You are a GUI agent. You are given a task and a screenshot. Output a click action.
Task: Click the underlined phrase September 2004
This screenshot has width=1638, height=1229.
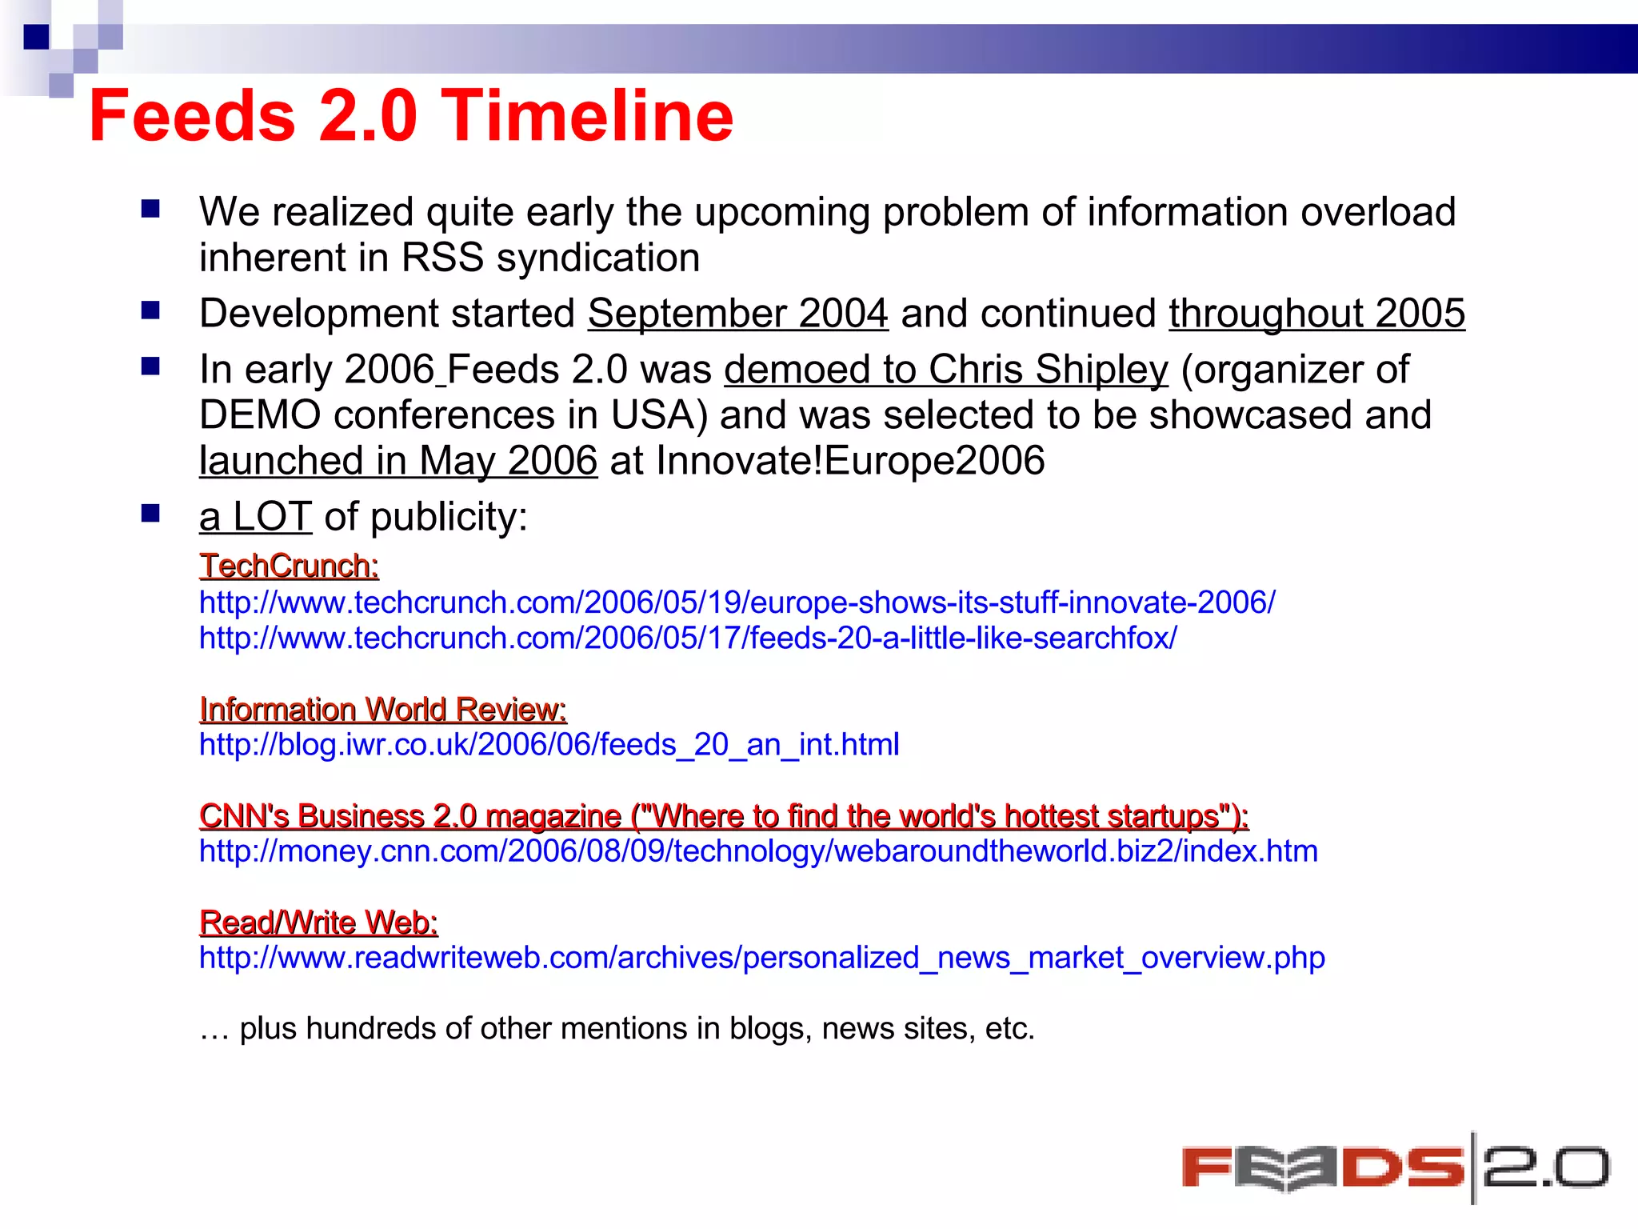point(737,313)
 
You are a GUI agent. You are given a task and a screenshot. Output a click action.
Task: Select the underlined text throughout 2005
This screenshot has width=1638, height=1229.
point(1316,313)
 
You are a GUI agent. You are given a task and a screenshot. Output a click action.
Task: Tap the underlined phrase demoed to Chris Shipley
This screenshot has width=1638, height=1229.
point(945,370)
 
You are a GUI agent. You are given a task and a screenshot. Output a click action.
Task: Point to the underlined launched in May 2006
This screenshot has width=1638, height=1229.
point(398,461)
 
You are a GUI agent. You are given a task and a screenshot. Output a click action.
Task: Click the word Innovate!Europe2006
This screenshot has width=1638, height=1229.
point(850,461)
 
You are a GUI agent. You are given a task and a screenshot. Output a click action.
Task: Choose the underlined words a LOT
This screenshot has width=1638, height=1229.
point(255,517)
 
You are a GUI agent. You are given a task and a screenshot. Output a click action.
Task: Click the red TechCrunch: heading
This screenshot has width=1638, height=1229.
point(289,566)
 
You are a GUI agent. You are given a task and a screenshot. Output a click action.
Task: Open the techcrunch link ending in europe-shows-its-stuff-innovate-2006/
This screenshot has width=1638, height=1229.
point(737,602)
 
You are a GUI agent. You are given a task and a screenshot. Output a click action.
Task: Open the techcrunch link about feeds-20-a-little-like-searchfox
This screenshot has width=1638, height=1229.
point(688,639)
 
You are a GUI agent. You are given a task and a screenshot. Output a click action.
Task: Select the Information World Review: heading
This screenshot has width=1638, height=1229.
point(382,710)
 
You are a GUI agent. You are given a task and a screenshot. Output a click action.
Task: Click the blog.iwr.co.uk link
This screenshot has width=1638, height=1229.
point(549,745)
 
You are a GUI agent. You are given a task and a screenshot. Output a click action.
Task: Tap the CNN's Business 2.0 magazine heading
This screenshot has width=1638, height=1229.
point(723,816)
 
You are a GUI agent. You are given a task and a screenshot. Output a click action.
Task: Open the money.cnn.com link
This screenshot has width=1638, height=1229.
point(758,851)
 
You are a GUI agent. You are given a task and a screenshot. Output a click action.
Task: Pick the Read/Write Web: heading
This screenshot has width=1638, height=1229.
point(318,923)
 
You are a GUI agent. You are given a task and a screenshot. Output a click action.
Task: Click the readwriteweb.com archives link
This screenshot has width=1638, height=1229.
point(761,958)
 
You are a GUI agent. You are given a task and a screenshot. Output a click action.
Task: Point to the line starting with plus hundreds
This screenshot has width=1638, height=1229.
point(617,1028)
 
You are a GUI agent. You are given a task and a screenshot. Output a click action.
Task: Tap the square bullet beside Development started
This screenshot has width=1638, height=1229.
point(150,310)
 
